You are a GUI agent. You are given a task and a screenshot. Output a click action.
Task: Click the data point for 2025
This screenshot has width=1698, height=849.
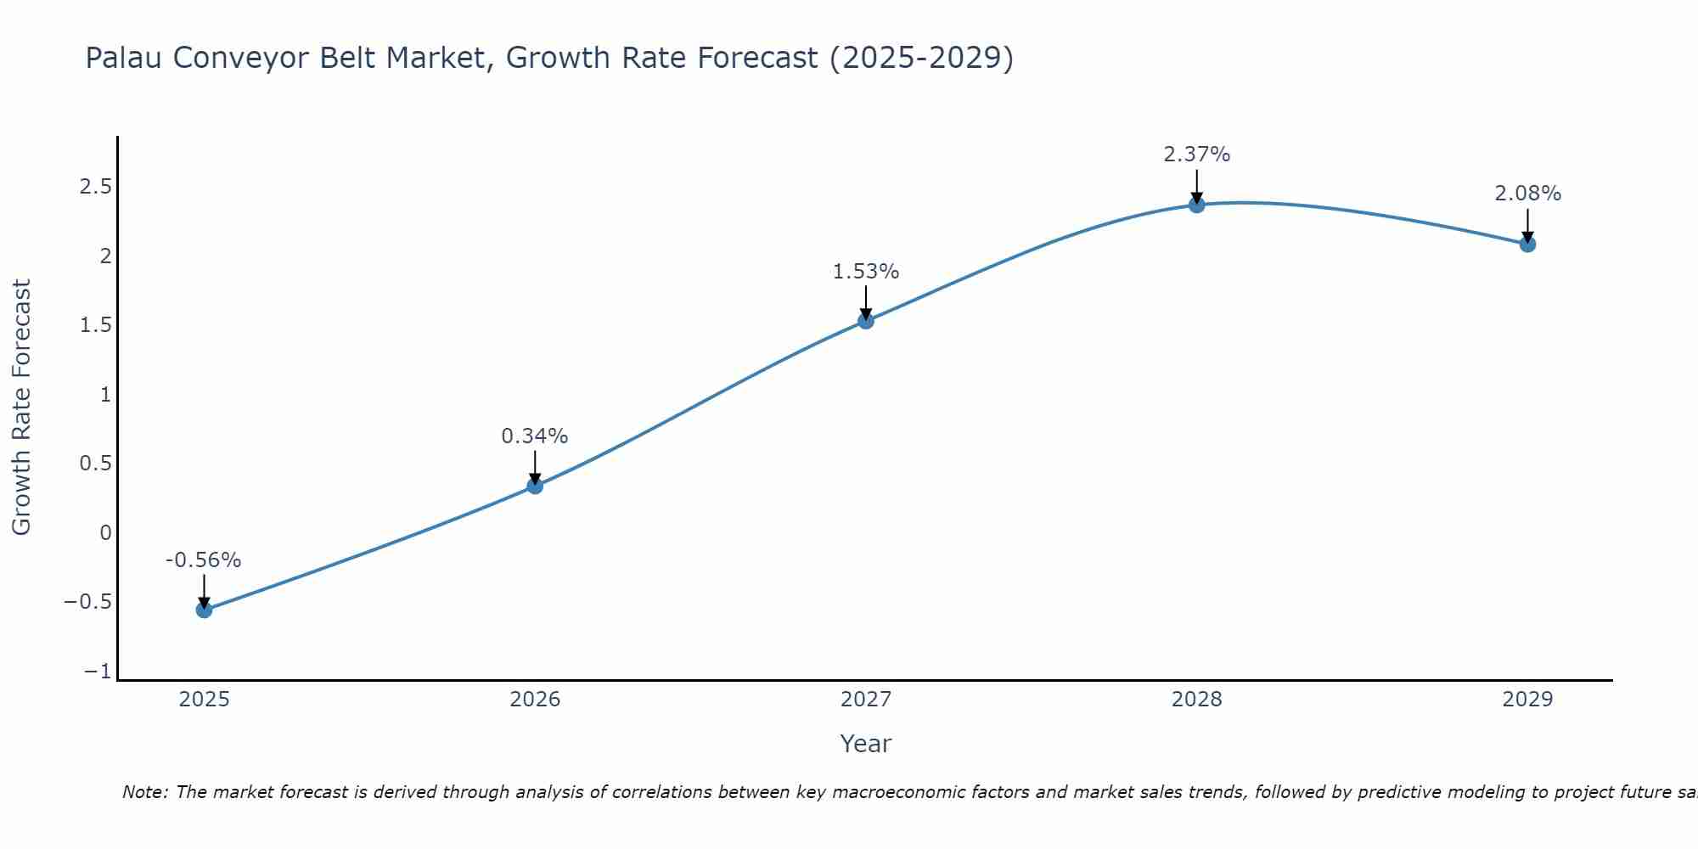coord(204,610)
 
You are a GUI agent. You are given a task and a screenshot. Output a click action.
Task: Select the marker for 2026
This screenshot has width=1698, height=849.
coord(535,486)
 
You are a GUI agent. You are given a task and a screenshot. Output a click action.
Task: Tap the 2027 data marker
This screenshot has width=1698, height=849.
coord(866,321)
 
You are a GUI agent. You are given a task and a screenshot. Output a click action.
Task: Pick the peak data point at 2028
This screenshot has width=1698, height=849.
coord(1197,205)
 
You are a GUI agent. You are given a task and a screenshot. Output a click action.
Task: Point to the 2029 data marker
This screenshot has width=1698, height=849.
coord(1527,245)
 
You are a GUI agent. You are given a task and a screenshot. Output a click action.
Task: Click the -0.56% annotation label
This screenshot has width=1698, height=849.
coord(203,560)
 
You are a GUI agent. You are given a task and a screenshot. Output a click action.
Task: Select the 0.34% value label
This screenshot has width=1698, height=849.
coord(534,436)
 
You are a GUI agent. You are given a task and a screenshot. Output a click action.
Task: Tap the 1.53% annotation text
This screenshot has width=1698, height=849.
coord(865,272)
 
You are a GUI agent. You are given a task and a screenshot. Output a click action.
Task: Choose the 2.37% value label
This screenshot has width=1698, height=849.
coord(1196,155)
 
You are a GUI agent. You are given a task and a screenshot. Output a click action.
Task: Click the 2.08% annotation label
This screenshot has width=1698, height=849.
coord(1527,194)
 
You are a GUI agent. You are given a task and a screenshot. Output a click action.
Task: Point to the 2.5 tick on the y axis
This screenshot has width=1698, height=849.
coord(96,187)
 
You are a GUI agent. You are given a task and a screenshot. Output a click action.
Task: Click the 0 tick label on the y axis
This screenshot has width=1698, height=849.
coord(105,533)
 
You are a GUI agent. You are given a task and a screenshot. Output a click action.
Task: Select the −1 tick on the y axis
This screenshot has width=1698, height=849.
coord(98,672)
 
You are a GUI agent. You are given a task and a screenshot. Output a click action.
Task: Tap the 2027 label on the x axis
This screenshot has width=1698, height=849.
coord(866,700)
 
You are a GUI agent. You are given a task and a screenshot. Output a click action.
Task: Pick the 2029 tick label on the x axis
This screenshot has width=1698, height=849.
coord(1527,700)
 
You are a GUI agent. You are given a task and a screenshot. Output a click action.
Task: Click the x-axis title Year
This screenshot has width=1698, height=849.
coord(865,744)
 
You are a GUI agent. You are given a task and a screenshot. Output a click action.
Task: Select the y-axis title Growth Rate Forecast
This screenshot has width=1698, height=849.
coord(21,408)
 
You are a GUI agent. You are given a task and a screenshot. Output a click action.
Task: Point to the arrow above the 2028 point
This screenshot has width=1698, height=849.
coord(1197,186)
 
